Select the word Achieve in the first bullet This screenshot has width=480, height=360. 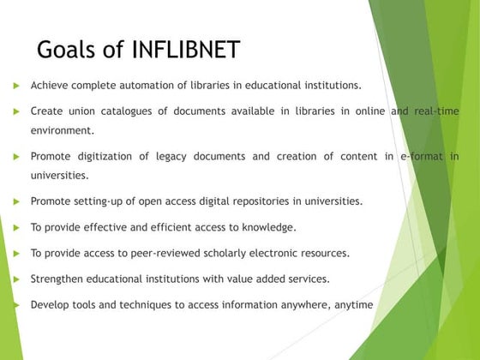point(51,86)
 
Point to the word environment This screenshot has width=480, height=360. point(62,131)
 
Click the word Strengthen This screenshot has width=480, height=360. point(59,279)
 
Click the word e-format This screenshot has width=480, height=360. point(421,157)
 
